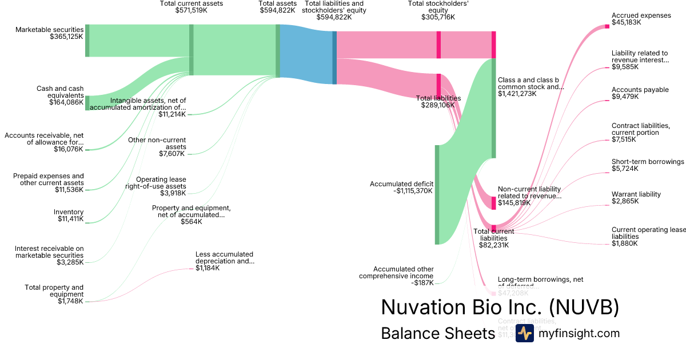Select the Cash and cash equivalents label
(x=59, y=95)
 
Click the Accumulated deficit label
(x=401, y=187)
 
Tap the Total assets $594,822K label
(x=278, y=7)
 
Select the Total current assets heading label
(x=192, y=7)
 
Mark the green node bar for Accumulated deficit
(x=437, y=194)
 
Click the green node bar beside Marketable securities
(x=87, y=41)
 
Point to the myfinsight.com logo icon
(x=524, y=334)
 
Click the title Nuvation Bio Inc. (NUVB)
(x=500, y=307)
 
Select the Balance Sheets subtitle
(x=437, y=334)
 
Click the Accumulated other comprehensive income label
(x=396, y=275)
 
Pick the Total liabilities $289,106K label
(x=438, y=102)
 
